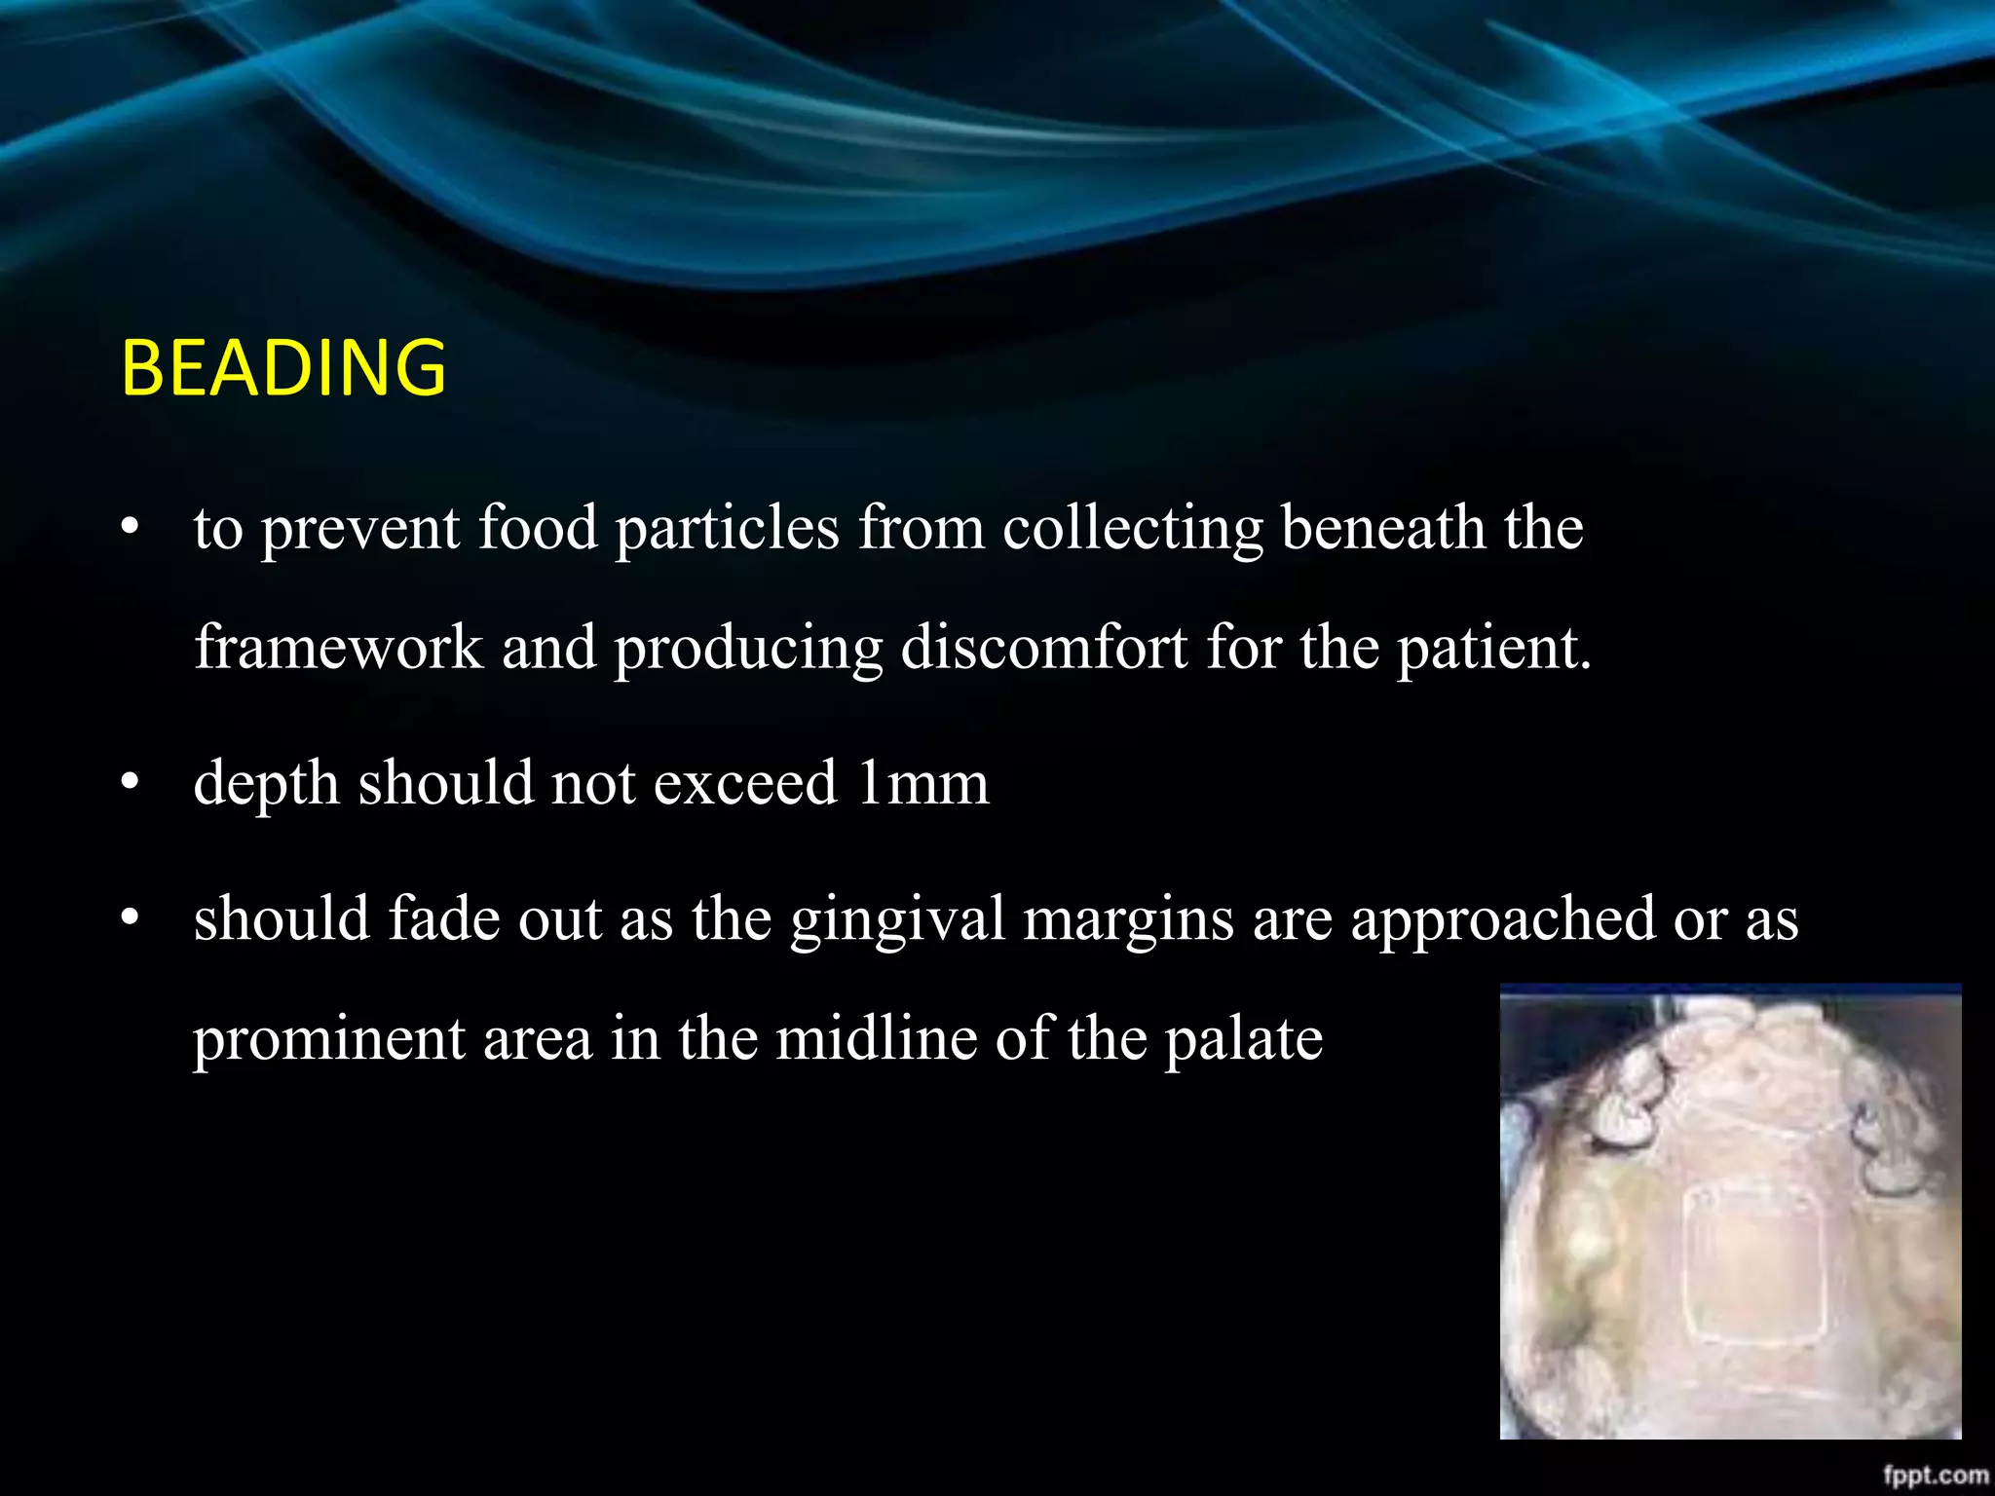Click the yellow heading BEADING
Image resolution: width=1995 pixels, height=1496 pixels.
coord(283,367)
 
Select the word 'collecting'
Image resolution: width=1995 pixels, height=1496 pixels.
coord(1132,530)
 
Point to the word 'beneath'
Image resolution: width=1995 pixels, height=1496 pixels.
coord(1383,528)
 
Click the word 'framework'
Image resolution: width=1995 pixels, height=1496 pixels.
coord(338,648)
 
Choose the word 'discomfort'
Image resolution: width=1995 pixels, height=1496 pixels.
coord(1043,648)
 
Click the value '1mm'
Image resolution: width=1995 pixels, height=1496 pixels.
coord(922,783)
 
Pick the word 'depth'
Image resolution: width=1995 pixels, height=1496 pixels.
coord(266,785)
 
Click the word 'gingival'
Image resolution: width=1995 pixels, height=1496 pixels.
coord(897,920)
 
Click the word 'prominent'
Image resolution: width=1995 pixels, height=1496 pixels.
coord(328,1040)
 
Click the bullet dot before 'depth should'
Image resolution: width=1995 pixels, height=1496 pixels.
coord(131,782)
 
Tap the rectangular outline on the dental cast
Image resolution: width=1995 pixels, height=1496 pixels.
coord(1751,1266)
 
